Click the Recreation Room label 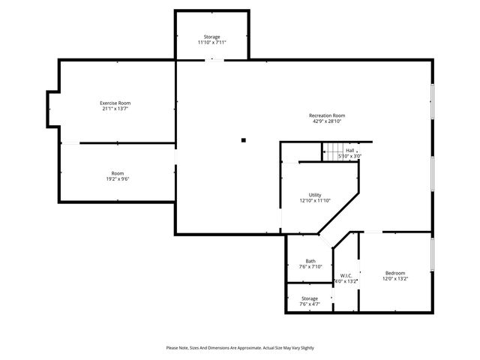coord(327,115)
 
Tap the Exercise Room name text coord(115,103)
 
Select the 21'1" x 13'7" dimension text coord(115,109)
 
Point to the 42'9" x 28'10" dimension coord(327,121)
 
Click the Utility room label coord(315,194)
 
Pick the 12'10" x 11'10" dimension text coord(315,200)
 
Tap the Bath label coord(310,261)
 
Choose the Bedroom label coord(395,272)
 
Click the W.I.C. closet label coord(346,274)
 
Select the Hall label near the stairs coord(349,151)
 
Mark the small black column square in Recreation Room coord(243,139)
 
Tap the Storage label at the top coord(212,37)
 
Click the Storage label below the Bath coord(310,298)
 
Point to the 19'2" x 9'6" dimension coord(118,178)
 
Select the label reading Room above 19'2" coord(118,172)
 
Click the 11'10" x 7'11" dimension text coord(212,43)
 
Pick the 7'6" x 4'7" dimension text coord(310,304)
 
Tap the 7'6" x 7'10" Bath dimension coord(310,267)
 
